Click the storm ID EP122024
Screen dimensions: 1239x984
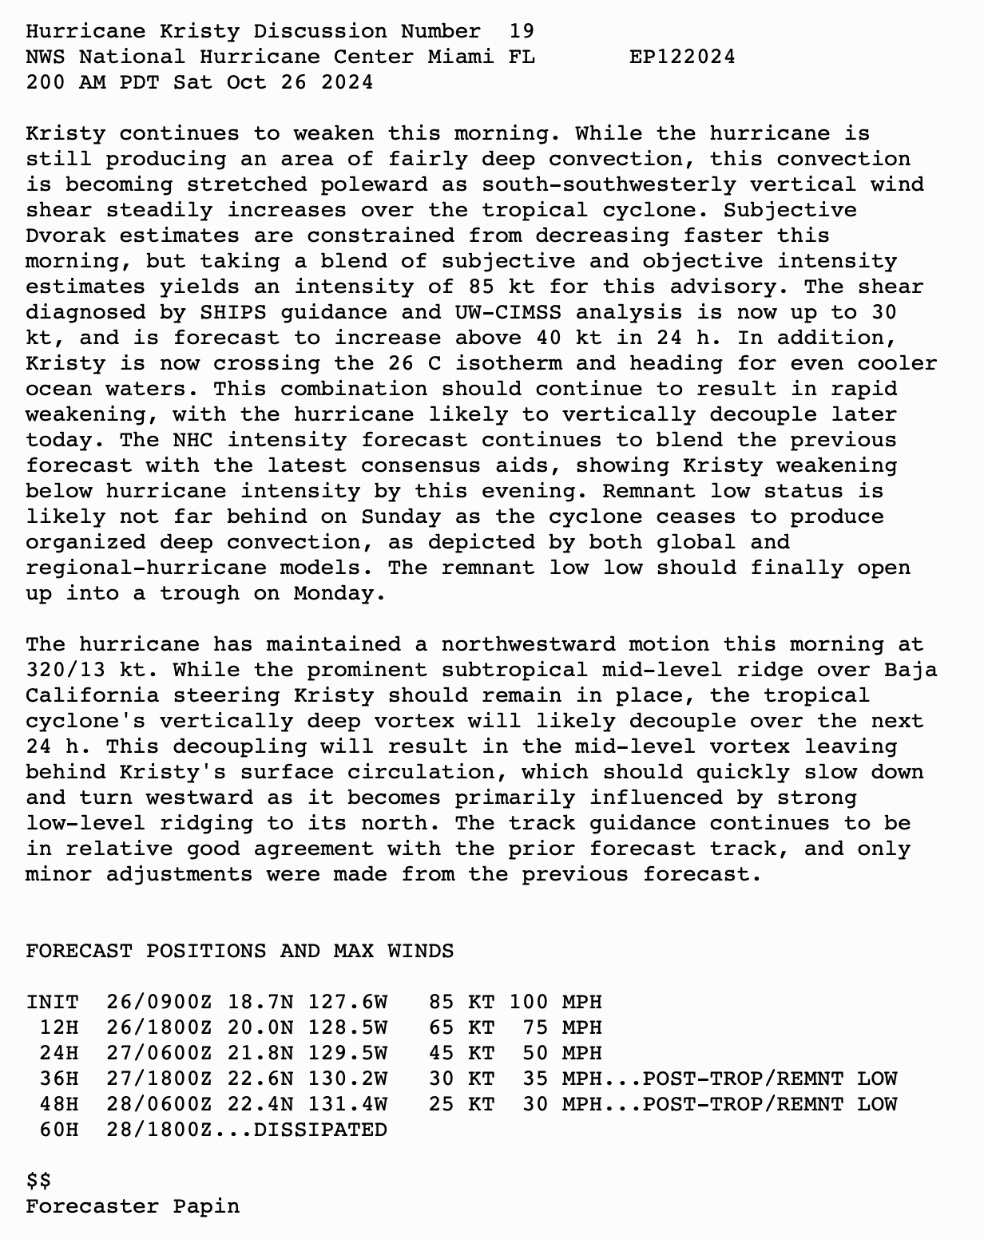point(682,57)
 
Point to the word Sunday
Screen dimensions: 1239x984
point(400,517)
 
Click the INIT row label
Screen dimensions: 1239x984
point(52,1002)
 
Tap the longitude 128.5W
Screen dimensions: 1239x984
point(347,1027)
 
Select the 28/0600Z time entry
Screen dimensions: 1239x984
point(159,1104)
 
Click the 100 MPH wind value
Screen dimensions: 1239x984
point(555,1002)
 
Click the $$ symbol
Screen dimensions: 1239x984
point(38,1181)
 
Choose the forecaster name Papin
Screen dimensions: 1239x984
point(206,1206)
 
